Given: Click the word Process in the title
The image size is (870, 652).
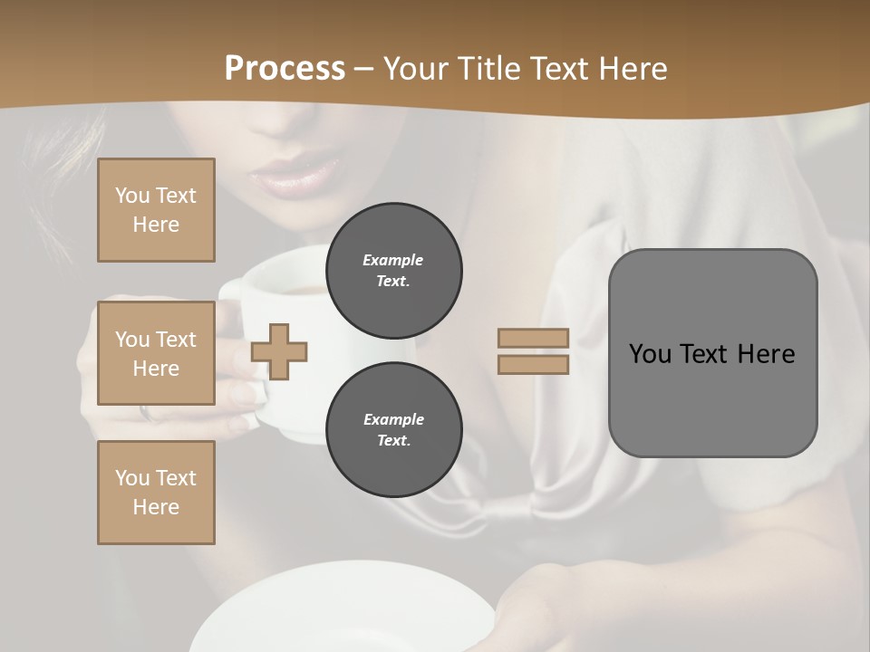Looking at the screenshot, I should [285, 69].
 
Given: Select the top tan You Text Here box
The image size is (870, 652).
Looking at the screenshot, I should [156, 210].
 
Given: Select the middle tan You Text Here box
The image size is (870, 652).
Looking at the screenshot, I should [156, 353].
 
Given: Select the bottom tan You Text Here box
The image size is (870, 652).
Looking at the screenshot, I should [156, 493].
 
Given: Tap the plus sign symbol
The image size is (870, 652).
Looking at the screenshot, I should [279, 351].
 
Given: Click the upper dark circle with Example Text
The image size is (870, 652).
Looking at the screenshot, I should [393, 271].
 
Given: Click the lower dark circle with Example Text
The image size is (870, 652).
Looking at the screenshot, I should [393, 430].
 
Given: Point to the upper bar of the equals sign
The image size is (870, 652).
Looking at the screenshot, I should [533, 338].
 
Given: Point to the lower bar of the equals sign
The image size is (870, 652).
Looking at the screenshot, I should [533, 364].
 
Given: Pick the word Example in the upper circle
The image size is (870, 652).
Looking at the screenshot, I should [393, 260].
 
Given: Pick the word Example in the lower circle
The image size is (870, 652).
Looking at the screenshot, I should [393, 419].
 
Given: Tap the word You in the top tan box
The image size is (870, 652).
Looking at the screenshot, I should [131, 196].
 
